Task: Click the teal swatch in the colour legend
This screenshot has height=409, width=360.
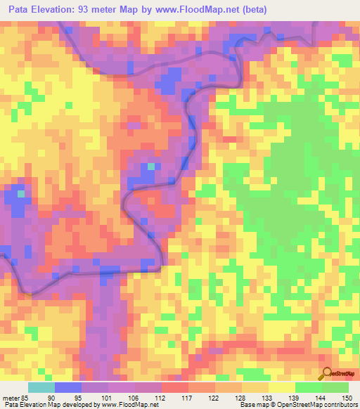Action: tap(41, 388)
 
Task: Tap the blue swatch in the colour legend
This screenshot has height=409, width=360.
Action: tap(68, 388)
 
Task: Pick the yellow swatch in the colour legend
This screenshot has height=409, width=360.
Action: tap(282, 388)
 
